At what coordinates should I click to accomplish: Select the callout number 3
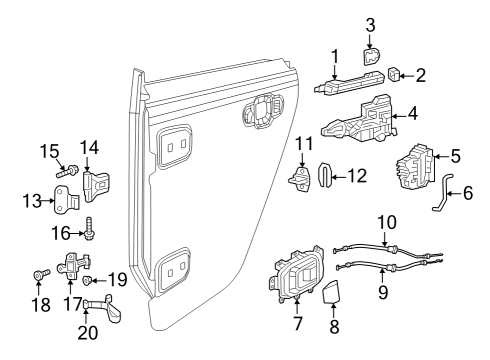[369, 24]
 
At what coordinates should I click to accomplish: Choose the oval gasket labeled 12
[324, 176]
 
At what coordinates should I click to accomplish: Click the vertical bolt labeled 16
[89, 228]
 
